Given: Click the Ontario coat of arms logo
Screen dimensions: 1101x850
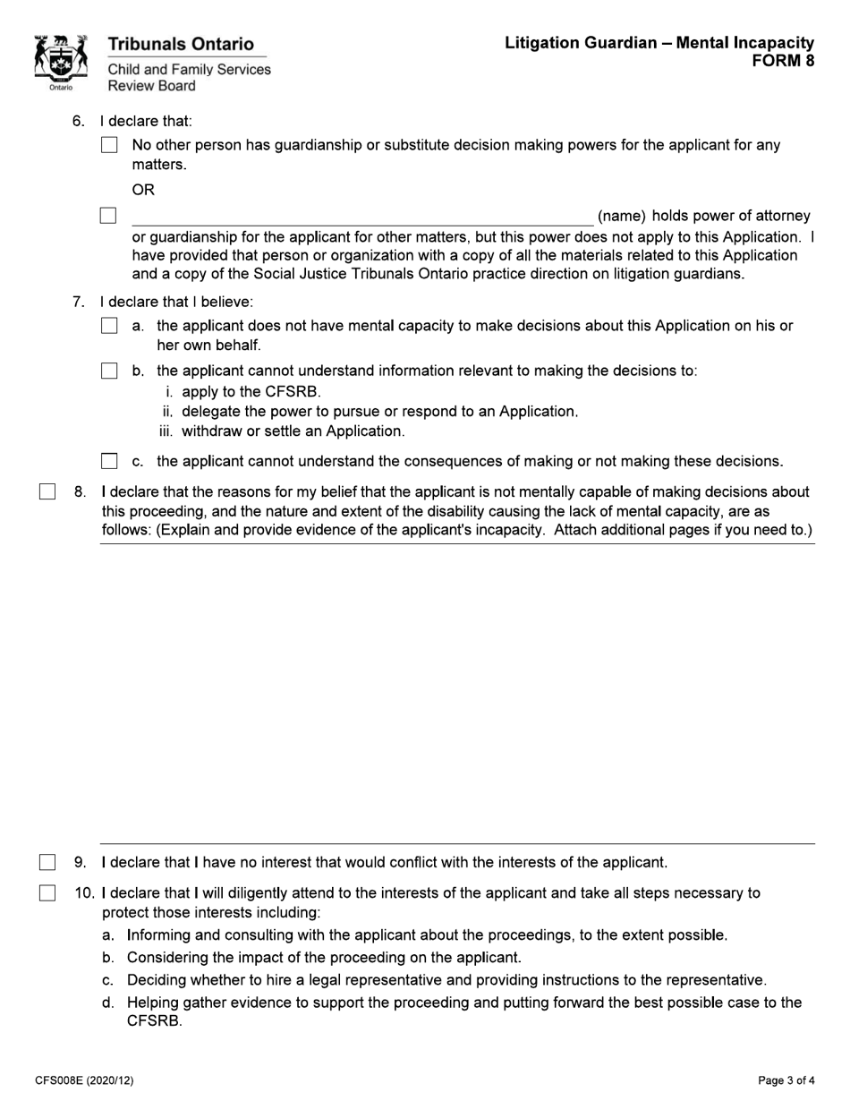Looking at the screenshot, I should coord(60,63).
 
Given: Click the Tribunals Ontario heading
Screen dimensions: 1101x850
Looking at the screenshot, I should coord(181,44).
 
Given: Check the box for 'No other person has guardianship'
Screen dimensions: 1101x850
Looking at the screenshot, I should coord(109,145).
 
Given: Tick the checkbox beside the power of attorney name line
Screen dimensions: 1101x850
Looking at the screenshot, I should coord(108,216).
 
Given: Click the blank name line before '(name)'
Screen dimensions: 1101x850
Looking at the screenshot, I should coord(361,217).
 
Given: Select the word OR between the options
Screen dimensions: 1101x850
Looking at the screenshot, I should coord(143,190).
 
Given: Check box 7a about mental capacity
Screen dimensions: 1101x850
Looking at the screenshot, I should coord(109,327).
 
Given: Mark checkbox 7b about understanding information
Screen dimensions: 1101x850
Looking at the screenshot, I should coord(109,371).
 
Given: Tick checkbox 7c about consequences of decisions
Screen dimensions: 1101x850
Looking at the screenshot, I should coord(109,462).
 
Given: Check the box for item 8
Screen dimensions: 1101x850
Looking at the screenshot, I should coord(47,491).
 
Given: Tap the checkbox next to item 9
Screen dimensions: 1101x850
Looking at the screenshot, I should coord(47,863).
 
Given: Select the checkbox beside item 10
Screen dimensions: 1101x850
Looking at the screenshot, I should coord(47,893).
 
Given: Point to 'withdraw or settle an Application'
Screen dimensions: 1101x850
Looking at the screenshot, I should coord(293,431).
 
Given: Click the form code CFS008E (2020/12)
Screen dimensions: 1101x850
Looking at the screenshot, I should coord(84,1080).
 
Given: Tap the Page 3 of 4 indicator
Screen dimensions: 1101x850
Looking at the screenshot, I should coord(786,1080).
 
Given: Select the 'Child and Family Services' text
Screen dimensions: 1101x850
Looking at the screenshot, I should coord(189,70).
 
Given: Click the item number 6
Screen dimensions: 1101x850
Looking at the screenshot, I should coord(78,121).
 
